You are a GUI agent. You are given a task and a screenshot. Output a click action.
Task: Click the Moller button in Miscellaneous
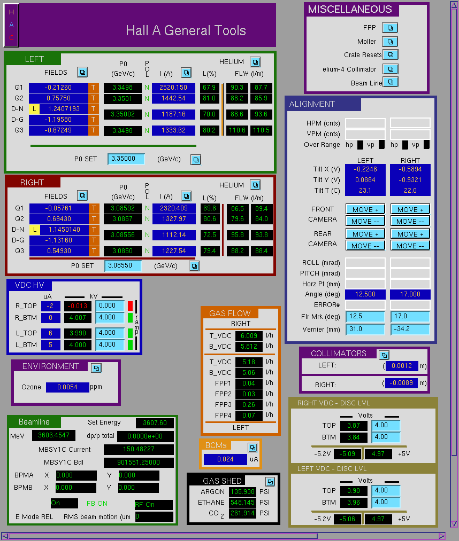coord(390,42)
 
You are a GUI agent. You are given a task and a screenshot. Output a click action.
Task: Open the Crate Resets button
coord(391,54)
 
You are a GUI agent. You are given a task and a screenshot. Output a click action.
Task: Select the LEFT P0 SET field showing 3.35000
coord(126,159)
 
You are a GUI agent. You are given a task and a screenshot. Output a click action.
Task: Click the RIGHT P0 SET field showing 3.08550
coord(123,265)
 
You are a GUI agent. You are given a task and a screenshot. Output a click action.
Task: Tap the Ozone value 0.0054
coord(67,387)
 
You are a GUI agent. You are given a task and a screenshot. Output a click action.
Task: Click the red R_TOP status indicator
coord(131,306)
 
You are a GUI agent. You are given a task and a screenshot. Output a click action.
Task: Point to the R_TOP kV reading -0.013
coord(78,306)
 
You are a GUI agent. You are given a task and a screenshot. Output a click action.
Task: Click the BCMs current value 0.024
coord(225,459)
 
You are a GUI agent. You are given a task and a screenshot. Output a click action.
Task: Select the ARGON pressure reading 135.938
coord(243,492)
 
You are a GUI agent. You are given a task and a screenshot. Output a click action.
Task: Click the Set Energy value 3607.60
coord(155,422)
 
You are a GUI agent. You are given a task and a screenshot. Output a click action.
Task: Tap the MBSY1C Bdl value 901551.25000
coord(139,462)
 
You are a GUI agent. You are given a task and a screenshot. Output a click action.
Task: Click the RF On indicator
coord(154,505)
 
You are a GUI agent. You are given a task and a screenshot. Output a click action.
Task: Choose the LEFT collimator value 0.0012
coord(402,366)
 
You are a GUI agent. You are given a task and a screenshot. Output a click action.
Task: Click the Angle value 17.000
coord(410,294)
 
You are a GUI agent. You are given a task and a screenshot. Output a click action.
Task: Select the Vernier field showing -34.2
coord(410,329)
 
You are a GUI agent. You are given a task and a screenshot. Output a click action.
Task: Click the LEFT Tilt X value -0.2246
coord(365,169)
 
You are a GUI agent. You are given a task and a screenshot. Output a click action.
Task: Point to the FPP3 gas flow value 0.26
coord(249,404)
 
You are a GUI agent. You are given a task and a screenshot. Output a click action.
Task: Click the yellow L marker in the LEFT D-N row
coord(34,109)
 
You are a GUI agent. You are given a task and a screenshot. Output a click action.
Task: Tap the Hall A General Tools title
coord(186,30)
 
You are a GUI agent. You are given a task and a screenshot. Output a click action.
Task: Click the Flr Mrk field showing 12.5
coord(365,316)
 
